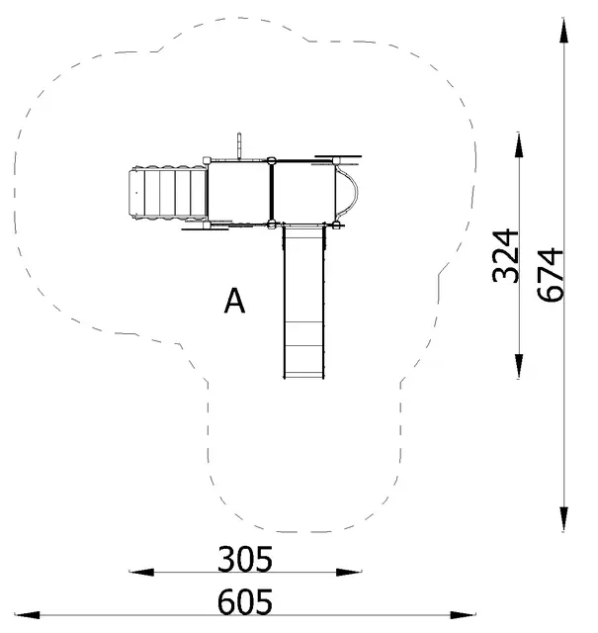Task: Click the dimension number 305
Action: (245, 559)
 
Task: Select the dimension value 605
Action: (245, 602)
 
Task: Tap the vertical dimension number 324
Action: (505, 256)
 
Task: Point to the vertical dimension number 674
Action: (550, 275)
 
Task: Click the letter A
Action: (234, 301)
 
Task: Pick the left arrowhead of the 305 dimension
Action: (141, 572)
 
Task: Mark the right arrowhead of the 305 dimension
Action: (349, 572)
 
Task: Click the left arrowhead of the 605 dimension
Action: (28, 615)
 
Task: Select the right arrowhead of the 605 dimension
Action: (464, 615)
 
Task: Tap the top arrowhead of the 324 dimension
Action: (519, 144)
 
